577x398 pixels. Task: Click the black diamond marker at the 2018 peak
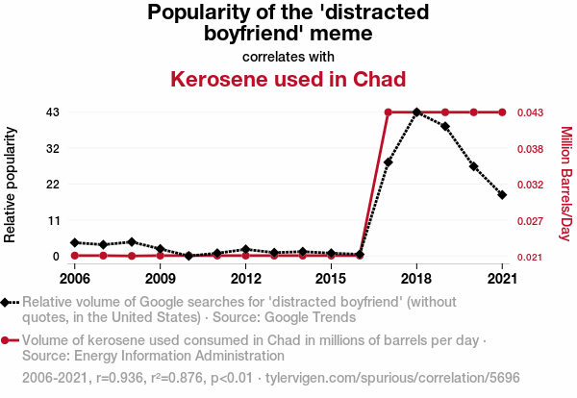click(416, 112)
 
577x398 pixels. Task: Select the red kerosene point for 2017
click(388, 112)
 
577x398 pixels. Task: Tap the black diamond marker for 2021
click(502, 195)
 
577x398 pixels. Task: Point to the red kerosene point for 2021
click(502, 112)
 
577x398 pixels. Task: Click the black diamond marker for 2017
click(388, 162)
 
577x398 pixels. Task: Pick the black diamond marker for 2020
click(473, 166)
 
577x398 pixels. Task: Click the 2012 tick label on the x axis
click(245, 279)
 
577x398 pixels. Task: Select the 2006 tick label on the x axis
click(74, 279)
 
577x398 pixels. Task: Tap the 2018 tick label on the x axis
click(416, 279)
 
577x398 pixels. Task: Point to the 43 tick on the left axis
click(53, 112)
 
